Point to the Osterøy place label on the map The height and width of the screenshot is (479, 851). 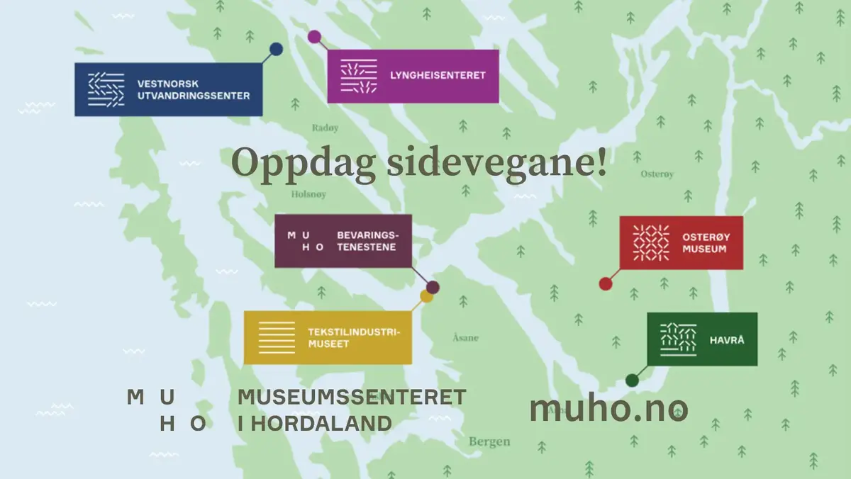tap(657, 174)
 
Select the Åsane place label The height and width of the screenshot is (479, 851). tap(465, 338)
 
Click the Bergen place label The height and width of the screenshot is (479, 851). tap(489, 441)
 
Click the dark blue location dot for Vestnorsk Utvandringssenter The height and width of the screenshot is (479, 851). tap(277, 49)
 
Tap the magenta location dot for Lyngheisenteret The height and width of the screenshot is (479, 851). tap(314, 36)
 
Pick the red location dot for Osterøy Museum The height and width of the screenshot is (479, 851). tap(605, 283)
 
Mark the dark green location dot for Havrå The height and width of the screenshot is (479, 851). tap(632, 381)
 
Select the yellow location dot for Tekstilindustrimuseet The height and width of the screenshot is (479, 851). tap(426, 296)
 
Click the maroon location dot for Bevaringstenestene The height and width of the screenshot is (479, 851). tap(433, 287)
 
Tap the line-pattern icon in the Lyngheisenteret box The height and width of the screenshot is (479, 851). tap(359, 77)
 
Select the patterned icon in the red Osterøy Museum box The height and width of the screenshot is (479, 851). tap(650, 242)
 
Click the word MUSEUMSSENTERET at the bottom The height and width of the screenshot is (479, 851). tap(352, 398)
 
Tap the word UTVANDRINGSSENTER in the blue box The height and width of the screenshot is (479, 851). tap(194, 96)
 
